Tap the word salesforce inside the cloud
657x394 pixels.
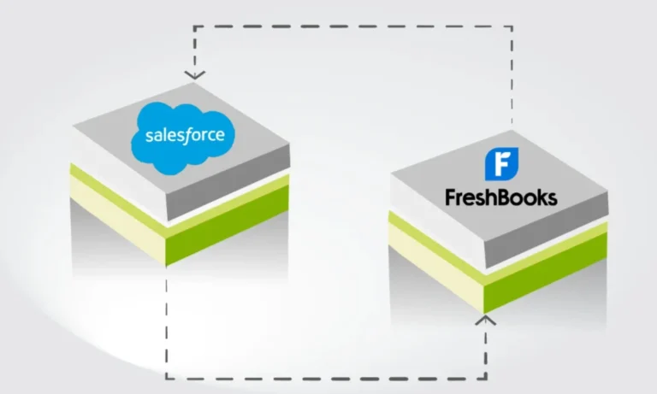(x=185, y=136)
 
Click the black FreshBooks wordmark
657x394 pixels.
(x=500, y=198)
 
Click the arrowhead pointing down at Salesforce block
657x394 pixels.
(x=195, y=74)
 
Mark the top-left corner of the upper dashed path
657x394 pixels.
(x=195, y=26)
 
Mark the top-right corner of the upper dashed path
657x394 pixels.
(x=512, y=26)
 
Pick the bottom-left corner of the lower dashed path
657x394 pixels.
(x=166, y=377)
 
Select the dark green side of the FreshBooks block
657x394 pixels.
(x=547, y=273)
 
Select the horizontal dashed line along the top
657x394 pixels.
(x=351, y=26)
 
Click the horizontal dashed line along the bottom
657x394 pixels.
(x=325, y=377)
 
